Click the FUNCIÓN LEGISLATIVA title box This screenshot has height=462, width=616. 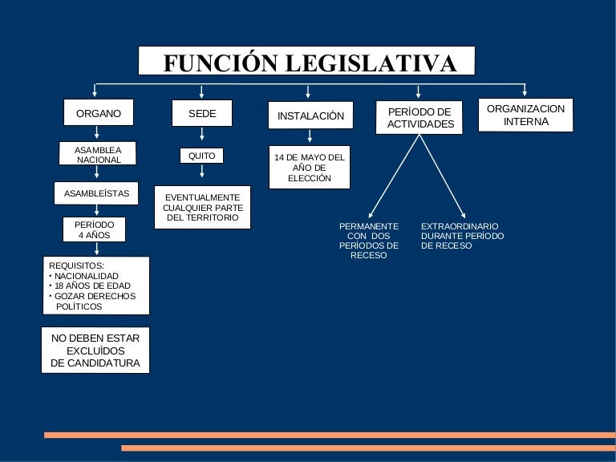tap(306, 62)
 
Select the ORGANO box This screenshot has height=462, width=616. tap(99, 114)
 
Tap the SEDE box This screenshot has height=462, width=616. tap(202, 114)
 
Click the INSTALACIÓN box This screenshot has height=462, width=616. tap(310, 116)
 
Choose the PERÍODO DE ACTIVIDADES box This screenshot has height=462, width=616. tap(420, 118)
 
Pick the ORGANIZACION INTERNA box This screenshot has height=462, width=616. tap(525, 115)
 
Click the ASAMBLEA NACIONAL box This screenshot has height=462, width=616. tap(99, 154)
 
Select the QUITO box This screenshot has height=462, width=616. tap(201, 156)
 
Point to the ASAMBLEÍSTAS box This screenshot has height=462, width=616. tap(96, 193)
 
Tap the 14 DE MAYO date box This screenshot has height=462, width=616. tap(310, 168)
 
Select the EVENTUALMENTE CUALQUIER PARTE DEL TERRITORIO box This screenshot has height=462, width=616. tap(202, 207)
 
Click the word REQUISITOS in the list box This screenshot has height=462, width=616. tap(76, 265)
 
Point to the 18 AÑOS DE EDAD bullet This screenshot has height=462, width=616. tap(91, 286)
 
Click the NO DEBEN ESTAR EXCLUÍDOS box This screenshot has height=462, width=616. tap(95, 351)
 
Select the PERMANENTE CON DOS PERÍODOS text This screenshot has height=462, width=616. tap(369, 241)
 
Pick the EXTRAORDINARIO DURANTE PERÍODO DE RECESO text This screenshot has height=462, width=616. tap(462, 236)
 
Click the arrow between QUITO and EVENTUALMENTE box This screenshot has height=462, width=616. tap(202, 172)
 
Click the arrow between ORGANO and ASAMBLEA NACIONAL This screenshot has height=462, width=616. tap(98, 135)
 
